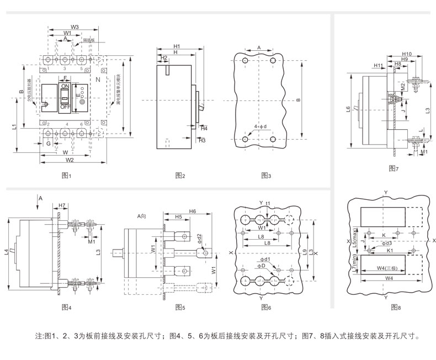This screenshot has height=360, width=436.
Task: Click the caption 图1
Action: tap(67, 175)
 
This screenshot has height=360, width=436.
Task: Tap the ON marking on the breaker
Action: tap(65, 87)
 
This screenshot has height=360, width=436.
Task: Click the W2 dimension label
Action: tap(70, 160)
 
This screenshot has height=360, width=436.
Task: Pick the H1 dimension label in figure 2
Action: tap(177, 46)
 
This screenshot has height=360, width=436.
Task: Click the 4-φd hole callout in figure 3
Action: tap(260, 127)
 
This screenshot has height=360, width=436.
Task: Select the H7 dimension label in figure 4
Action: tap(62, 205)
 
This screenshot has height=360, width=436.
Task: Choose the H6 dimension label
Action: tap(192, 211)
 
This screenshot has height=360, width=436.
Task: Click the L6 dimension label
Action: tap(347, 109)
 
